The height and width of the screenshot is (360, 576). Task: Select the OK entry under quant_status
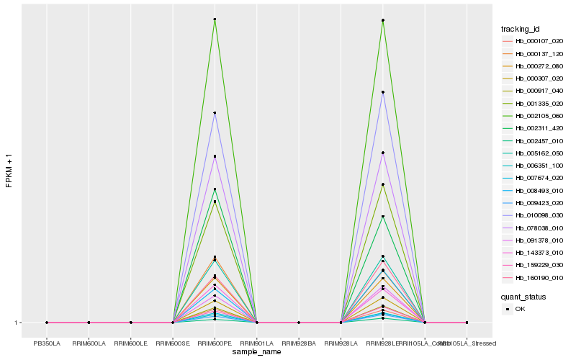click(519, 309)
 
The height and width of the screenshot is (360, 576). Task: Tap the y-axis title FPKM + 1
click(9, 170)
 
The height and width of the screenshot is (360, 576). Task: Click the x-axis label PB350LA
click(47, 343)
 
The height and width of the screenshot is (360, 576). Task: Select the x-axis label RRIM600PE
click(215, 343)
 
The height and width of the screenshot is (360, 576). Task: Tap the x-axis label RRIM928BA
click(299, 343)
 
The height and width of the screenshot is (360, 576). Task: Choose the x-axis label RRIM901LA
click(257, 343)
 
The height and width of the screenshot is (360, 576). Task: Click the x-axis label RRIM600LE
click(130, 343)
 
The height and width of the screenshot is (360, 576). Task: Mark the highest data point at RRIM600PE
click(215, 19)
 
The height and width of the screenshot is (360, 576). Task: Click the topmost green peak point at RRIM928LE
click(383, 20)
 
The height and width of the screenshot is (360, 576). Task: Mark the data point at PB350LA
click(47, 323)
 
